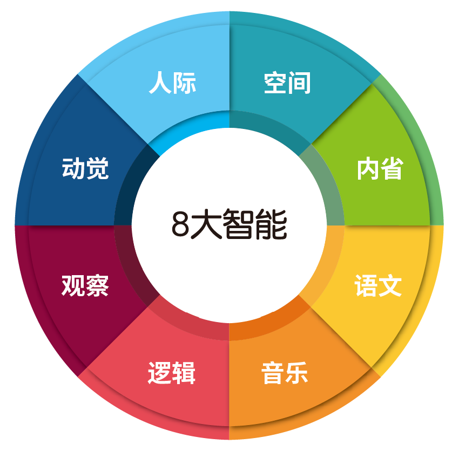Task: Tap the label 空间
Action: tap(287, 84)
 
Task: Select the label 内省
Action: tap(380, 169)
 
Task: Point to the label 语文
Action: tap(378, 286)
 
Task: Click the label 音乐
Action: tap(285, 373)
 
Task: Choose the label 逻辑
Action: tap(171, 373)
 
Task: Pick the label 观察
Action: tap(85, 285)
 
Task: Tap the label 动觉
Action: tap(85, 169)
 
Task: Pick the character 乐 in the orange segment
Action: tap(297, 373)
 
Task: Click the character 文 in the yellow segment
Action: tap(390, 286)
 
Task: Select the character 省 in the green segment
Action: tap(392, 169)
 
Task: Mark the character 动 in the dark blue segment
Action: tap(73, 169)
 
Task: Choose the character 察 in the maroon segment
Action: tap(98, 285)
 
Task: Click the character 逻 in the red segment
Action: tap(159, 373)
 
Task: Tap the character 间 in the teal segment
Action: tap(300, 84)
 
